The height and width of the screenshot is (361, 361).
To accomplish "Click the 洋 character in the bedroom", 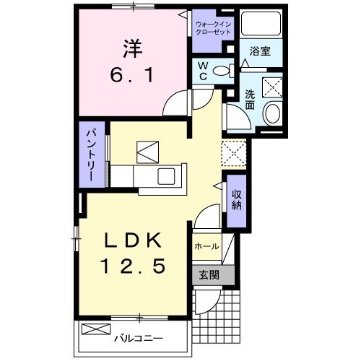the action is pyautogui.click(x=133, y=48).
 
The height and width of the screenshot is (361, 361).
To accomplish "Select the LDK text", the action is pyautogui.click(x=133, y=240).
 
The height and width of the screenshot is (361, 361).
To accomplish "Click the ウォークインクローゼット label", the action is pyautogui.click(x=213, y=28).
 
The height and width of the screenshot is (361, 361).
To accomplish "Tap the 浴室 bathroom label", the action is pyautogui.click(x=260, y=51).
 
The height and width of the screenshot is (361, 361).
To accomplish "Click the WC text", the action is pyautogui.click(x=203, y=71).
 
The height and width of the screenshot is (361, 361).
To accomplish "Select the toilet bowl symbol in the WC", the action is pyautogui.click(x=224, y=71).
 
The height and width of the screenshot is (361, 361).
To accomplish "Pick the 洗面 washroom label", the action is pyautogui.click(x=250, y=100).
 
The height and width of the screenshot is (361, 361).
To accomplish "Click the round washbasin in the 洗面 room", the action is pyautogui.click(x=273, y=113).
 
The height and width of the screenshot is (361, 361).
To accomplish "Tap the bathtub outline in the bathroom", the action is pyautogui.click(x=261, y=24).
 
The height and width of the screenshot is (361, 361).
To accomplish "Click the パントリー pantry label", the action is pyautogui.click(x=92, y=155).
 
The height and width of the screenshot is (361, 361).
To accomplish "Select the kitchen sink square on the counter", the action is pyautogui.click(x=166, y=176).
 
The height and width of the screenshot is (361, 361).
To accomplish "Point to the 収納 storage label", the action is pyautogui.click(x=237, y=200).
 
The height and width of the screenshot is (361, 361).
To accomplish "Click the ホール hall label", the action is pyautogui.click(x=206, y=246).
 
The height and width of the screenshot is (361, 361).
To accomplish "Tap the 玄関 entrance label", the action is pyautogui.click(x=209, y=275).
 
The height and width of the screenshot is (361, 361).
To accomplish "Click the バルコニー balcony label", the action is pyautogui.click(x=139, y=339).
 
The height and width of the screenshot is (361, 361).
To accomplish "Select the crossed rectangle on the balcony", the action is pyautogui.click(x=96, y=329).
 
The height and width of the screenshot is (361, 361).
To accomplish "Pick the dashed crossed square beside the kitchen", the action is pyautogui.click(x=234, y=154).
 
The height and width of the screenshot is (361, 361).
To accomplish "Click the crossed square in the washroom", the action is pyautogui.click(x=272, y=87).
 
